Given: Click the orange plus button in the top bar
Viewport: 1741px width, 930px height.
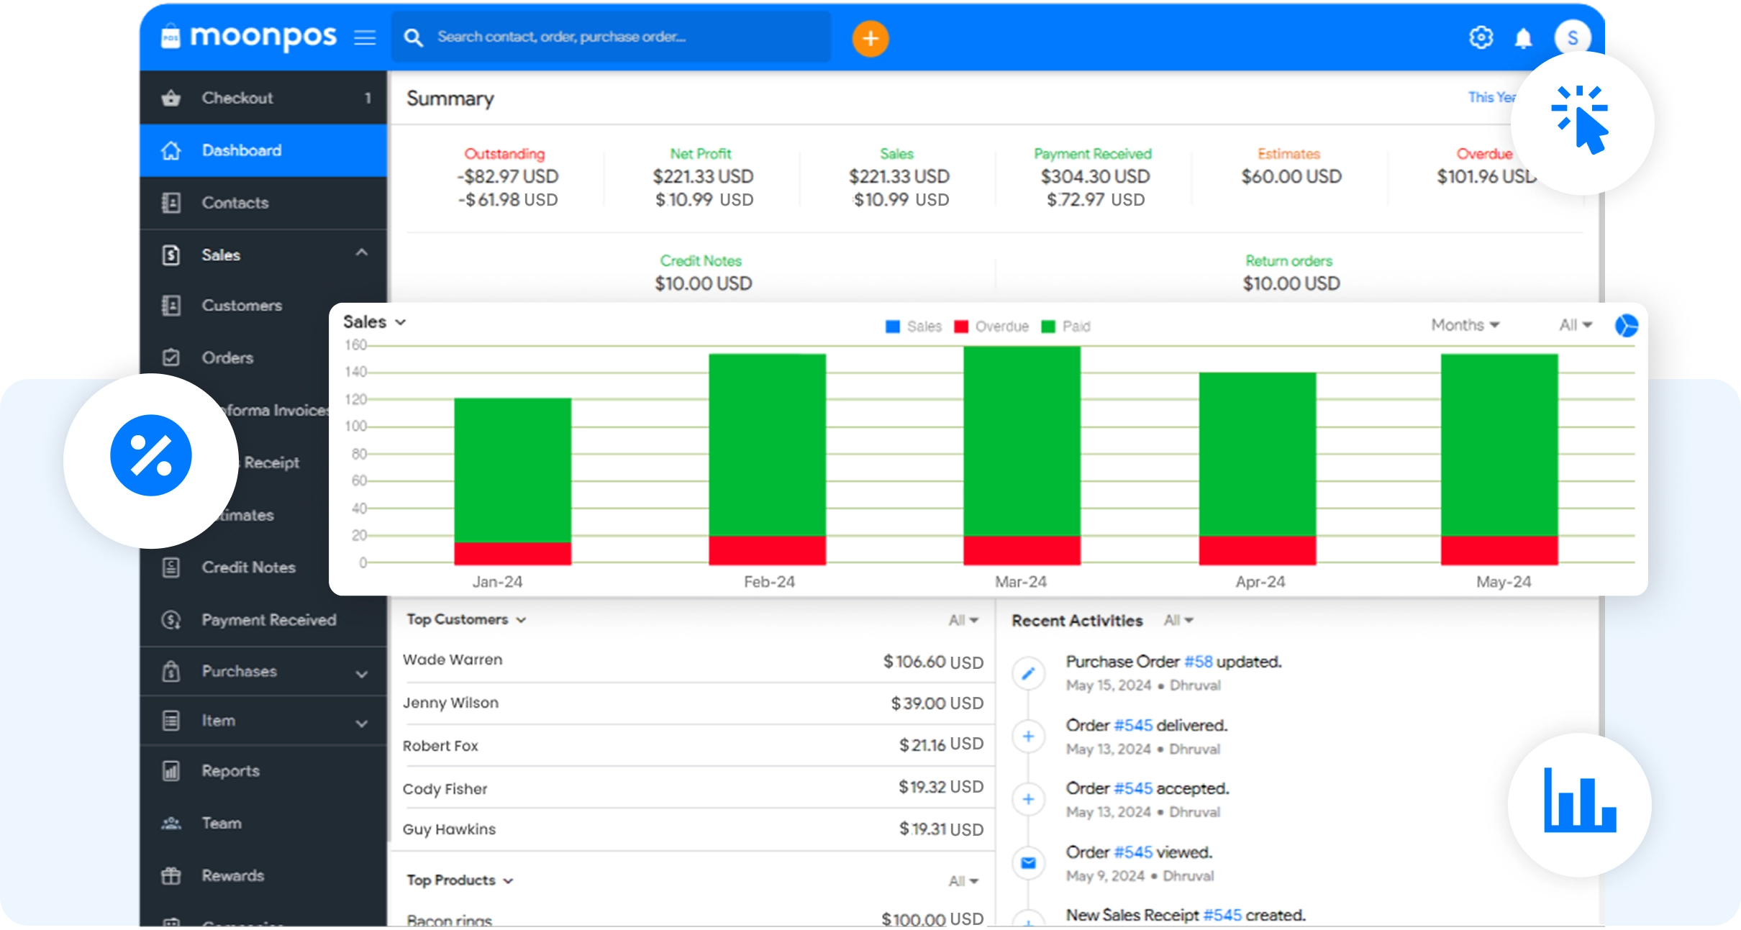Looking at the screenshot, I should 870,38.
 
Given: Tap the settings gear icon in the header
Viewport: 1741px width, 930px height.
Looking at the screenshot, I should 1481,37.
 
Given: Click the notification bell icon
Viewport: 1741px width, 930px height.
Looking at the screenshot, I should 1523,38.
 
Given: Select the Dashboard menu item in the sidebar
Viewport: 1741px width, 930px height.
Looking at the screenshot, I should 242,150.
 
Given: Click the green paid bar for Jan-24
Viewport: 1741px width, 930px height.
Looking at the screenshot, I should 512,469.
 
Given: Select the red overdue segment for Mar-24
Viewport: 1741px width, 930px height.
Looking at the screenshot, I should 1021,550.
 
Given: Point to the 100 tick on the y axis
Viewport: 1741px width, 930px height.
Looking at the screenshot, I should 355,427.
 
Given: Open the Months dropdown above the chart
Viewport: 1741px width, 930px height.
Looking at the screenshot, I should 1464,325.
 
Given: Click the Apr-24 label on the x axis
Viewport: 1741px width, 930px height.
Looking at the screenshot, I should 1260,582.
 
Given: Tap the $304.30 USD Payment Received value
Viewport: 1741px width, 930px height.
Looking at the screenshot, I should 1095,176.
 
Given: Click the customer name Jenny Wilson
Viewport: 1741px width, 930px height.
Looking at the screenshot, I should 450,703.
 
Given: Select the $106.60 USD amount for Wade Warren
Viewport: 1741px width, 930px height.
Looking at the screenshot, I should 932,662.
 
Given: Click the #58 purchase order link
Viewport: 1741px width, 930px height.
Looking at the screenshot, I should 1198,662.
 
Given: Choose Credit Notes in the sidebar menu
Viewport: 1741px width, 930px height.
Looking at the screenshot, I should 248,567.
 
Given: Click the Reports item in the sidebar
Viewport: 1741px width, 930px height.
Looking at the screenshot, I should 230,771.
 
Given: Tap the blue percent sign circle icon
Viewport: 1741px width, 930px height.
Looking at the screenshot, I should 151,456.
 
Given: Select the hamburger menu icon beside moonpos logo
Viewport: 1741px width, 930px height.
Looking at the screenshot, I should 365,37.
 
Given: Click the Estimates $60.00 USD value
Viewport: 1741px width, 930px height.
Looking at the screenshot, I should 1291,176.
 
